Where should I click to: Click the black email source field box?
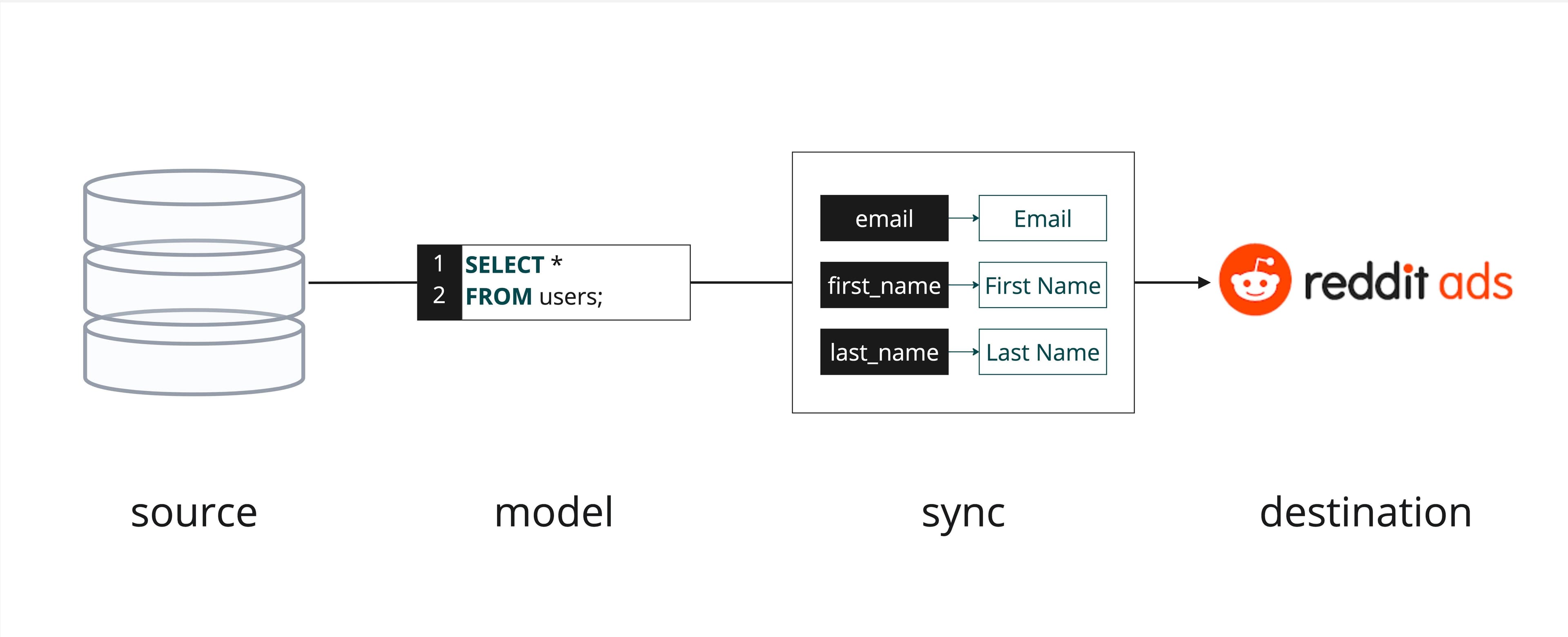[884, 218]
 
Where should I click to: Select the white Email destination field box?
[1042, 218]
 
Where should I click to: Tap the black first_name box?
[884, 285]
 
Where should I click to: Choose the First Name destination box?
[1042, 285]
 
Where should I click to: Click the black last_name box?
[884, 352]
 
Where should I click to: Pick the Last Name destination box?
[1042, 352]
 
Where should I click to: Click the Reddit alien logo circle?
[1254, 280]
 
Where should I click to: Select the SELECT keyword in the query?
[504, 265]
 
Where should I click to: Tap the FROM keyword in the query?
[498, 296]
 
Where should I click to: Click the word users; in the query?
[570, 296]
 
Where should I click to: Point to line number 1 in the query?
[438, 264]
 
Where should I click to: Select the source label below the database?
[194, 513]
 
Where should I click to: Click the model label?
[553, 513]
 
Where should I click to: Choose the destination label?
[1365, 513]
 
